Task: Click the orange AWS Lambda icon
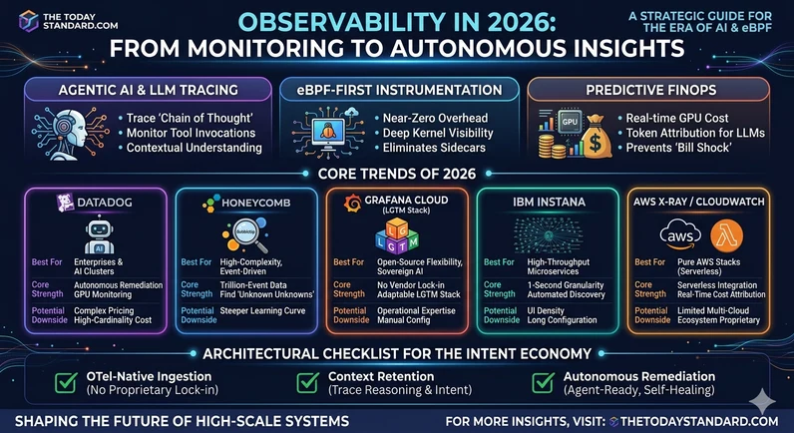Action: click(726, 236)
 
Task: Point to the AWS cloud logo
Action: click(680, 236)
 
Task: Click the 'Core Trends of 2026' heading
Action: click(398, 173)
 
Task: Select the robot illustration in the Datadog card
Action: click(97, 238)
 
